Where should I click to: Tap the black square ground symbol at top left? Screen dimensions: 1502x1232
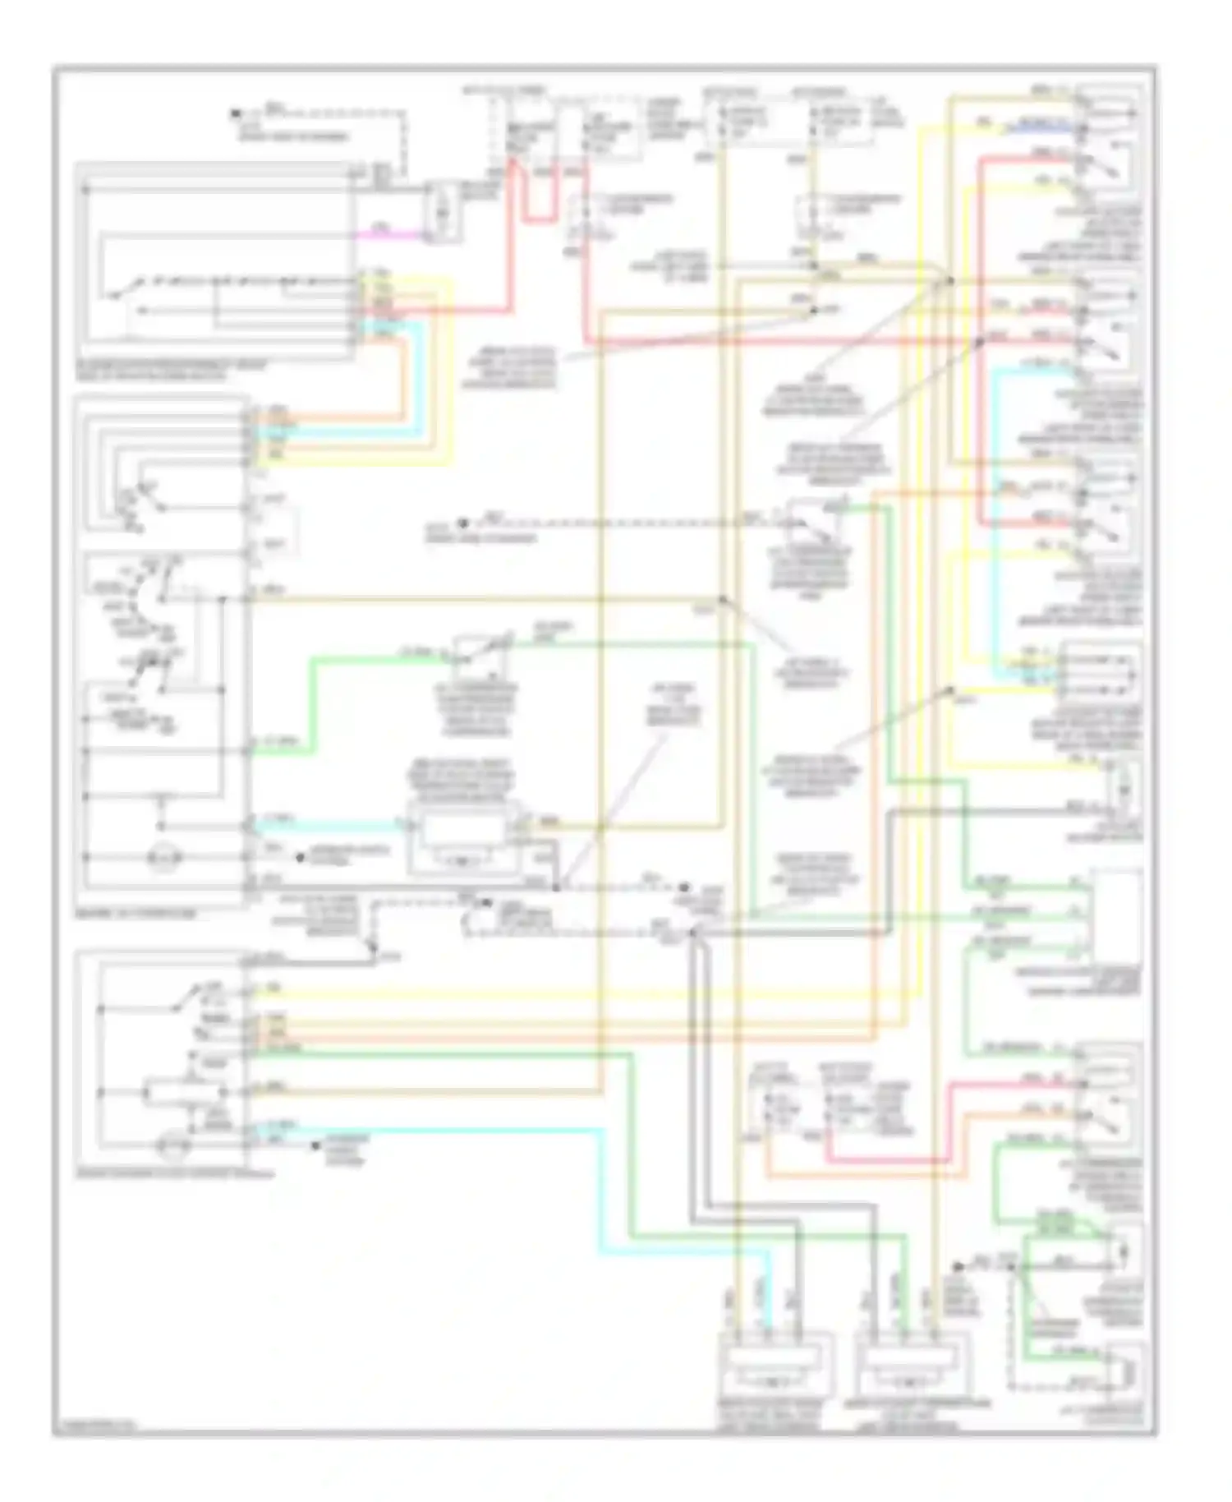click(x=235, y=113)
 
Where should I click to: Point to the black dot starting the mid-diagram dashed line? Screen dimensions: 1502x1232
click(x=462, y=523)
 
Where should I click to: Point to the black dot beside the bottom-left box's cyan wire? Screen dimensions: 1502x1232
click(x=315, y=1145)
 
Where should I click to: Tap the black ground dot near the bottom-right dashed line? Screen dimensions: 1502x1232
click(x=958, y=1266)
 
